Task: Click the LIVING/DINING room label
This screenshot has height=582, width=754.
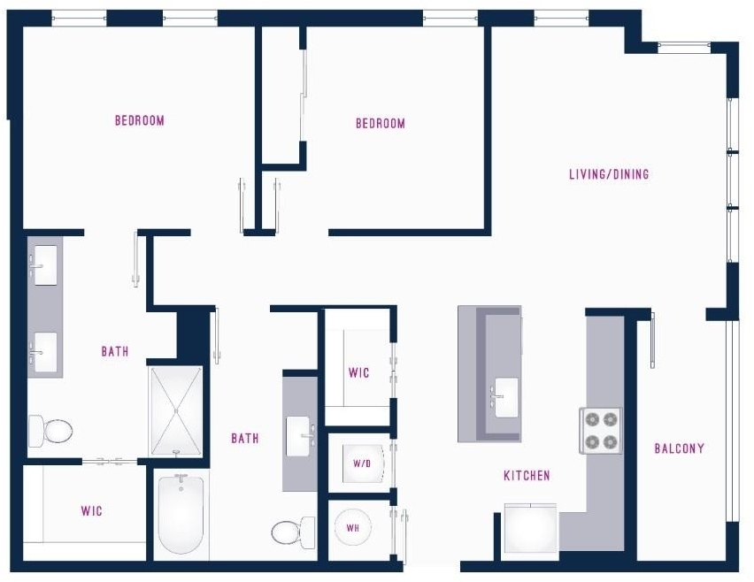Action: pos(609,174)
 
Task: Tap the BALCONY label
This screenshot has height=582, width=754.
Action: pos(679,448)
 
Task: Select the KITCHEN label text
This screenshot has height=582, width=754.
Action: pos(527,475)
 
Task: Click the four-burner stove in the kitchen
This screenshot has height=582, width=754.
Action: pos(601,431)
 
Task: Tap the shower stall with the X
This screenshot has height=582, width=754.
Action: pos(176,411)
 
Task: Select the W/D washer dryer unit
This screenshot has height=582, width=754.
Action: pos(363,463)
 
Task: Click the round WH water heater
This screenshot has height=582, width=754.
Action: pos(352,528)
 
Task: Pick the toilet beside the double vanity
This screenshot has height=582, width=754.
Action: pos(50,431)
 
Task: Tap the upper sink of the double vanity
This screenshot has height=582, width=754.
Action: pos(45,265)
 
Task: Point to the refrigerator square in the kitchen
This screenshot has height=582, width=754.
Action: pos(530,528)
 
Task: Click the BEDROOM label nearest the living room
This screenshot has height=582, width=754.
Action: pos(381,124)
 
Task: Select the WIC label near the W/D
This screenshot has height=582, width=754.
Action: pos(358,372)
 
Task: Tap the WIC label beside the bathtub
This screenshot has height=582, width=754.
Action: pos(91,510)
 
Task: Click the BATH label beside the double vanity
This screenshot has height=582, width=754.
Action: pos(115,351)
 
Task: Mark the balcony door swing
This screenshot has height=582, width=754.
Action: pos(652,340)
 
